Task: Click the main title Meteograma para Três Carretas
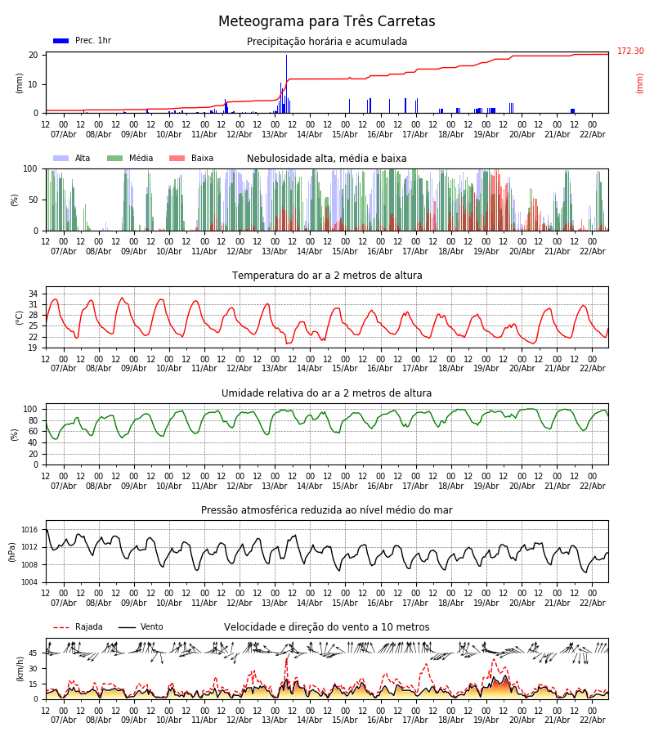pyautogui.click(x=326, y=22)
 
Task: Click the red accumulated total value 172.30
pyautogui.click(x=630, y=52)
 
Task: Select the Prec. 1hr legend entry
pyautogui.click(x=82, y=41)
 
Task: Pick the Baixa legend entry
pyautogui.click(x=191, y=159)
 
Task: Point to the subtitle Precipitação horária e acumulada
pyautogui.click(x=327, y=42)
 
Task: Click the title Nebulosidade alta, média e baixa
pyautogui.click(x=327, y=159)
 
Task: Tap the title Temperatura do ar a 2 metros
pyautogui.click(x=327, y=276)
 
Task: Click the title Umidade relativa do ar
pyautogui.click(x=327, y=393)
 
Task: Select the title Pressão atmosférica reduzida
pyautogui.click(x=327, y=510)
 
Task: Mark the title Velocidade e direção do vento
pyautogui.click(x=327, y=627)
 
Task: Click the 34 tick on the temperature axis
pyautogui.click(x=33, y=294)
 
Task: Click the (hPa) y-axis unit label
pyautogui.click(x=12, y=551)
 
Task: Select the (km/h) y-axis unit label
pyautogui.click(x=20, y=668)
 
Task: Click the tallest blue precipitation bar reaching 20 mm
pyautogui.click(x=286, y=82)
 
